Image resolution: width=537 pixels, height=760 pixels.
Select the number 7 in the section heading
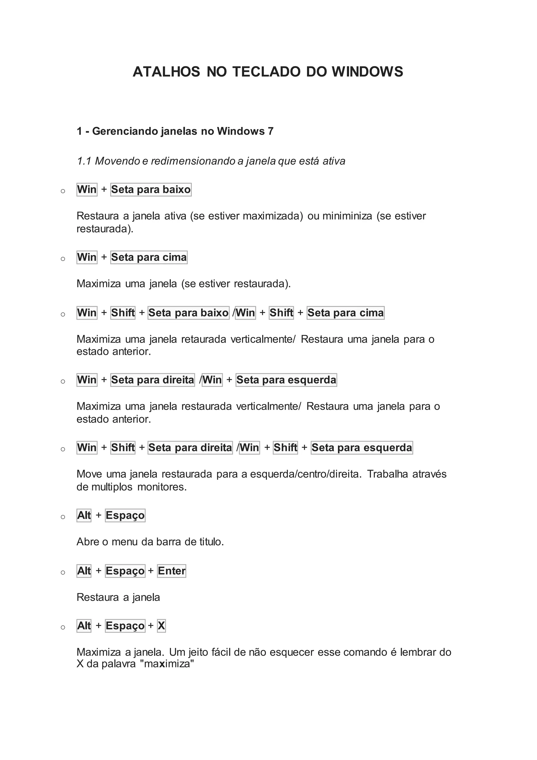271,131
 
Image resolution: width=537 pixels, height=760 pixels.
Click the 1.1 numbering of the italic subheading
84,161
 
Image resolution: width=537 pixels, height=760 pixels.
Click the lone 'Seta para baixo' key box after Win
151,190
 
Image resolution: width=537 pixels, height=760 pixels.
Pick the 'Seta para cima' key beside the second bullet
149,257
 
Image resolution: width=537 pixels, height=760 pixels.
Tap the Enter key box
172,571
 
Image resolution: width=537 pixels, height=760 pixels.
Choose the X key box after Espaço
161,626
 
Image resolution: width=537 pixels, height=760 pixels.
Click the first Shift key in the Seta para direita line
123,447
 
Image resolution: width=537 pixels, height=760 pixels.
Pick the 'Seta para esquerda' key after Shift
362,447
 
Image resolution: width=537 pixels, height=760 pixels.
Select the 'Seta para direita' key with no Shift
152,380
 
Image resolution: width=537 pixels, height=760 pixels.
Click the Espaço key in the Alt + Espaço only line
125,515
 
